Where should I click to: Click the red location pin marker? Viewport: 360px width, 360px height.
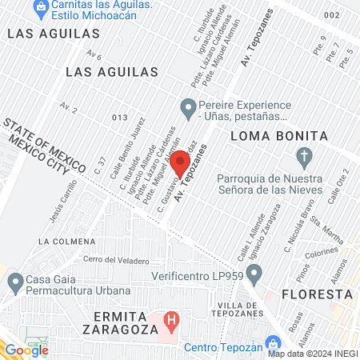pyautogui.click(x=180, y=163)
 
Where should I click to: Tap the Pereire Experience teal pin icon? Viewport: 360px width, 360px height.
pyautogui.click(x=189, y=106)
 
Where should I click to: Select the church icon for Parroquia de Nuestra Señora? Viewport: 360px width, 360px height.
pyautogui.click(x=303, y=155)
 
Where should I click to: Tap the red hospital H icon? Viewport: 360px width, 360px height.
pyautogui.click(x=170, y=322)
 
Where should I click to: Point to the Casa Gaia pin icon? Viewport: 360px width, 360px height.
pyautogui.click(x=15, y=282)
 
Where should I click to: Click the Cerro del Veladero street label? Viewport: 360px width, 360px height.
pyautogui.click(x=117, y=261)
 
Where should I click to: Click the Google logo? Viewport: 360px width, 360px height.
pyautogui.click(x=26, y=350)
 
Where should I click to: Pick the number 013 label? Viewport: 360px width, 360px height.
pyautogui.click(x=120, y=118)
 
